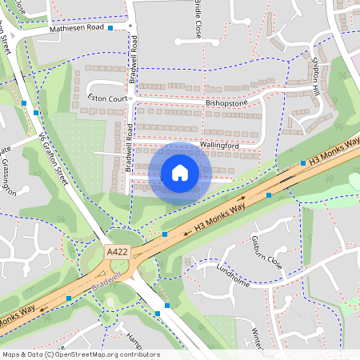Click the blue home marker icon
tap(180, 172)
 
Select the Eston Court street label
tap(108, 98)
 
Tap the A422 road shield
tap(117, 251)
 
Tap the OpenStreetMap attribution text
tap(81, 354)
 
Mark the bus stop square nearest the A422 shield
tap(164, 234)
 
